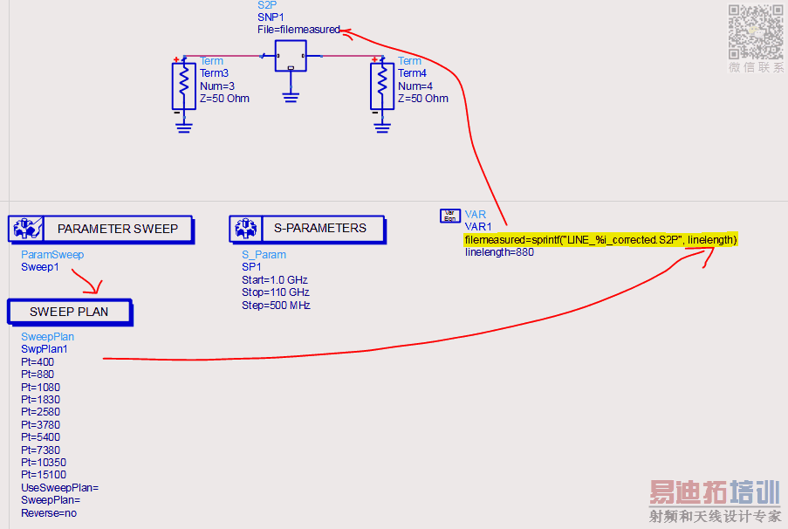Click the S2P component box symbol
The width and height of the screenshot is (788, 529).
tap(290, 56)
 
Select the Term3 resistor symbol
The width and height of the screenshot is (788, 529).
tap(183, 86)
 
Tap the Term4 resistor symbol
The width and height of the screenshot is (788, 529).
tap(381, 86)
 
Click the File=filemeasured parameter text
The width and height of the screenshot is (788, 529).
tap(298, 30)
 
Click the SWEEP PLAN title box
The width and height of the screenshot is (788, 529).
tap(69, 312)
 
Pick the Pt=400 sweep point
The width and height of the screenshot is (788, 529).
tap(38, 361)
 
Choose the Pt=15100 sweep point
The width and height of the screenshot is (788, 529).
tap(44, 475)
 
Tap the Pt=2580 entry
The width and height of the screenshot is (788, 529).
tap(40, 412)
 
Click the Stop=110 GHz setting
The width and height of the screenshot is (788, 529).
tap(276, 292)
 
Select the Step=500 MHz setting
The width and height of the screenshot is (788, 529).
tap(276, 306)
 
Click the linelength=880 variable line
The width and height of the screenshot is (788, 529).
tap(499, 253)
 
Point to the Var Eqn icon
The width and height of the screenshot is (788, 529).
tap(450, 216)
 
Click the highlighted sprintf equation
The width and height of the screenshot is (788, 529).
tap(600, 240)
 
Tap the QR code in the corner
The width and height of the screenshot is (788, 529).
tap(755, 31)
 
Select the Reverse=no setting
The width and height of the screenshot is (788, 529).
tap(49, 513)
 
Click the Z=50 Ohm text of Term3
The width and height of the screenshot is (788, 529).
tap(224, 99)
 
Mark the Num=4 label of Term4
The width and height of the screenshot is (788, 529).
tap(415, 86)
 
